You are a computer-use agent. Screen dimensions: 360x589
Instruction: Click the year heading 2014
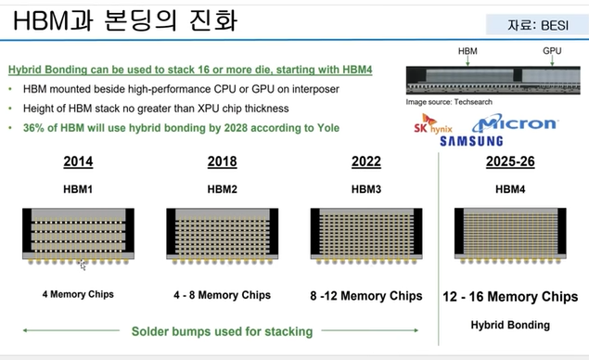coord(77,161)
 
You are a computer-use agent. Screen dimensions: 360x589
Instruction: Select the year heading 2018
coord(221,161)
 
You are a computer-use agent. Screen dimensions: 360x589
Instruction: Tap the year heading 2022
coord(366,161)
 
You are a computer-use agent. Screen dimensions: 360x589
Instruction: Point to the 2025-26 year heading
coord(510,161)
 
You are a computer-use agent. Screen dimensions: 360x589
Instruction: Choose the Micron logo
coord(515,123)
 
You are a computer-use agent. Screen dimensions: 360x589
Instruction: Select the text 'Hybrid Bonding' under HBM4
coord(510,325)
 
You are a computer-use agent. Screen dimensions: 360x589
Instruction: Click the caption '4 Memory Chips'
coord(77,295)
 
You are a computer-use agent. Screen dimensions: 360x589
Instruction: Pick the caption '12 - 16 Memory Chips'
coord(510,297)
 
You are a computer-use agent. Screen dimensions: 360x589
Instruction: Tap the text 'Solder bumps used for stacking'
coord(221,330)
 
